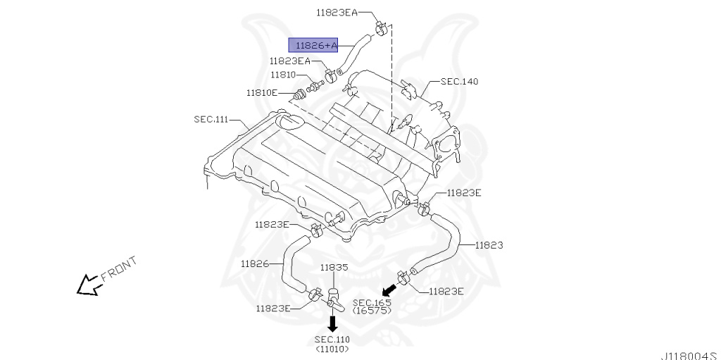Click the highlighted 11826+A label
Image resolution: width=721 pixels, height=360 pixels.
click(x=313, y=45)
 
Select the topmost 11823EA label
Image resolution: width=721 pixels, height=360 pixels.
click(x=337, y=12)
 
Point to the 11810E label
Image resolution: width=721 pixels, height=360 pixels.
click(x=262, y=92)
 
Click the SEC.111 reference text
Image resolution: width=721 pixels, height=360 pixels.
click(x=211, y=119)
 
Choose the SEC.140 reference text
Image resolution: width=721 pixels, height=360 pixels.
click(x=459, y=82)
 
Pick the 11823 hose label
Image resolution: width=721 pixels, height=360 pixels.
click(x=488, y=245)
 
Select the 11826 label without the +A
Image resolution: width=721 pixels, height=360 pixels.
click(x=254, y=263)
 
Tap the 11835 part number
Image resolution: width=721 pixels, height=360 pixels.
click(x=334, y=268)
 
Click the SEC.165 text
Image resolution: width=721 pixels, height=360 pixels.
click(x=372, y=302)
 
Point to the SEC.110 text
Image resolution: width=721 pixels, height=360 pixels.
click(x=332, y=340)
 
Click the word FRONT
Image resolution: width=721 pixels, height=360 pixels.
click(x=119, y=268)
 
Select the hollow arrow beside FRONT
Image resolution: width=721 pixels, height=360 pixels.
click(x=88, y=285)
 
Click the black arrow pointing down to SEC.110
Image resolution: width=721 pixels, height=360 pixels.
click(x=332, y=323)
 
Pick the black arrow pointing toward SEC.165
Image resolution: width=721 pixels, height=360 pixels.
click(x=388, y=288)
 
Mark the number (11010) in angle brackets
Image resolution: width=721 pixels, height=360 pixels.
click(x=332, y=348)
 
